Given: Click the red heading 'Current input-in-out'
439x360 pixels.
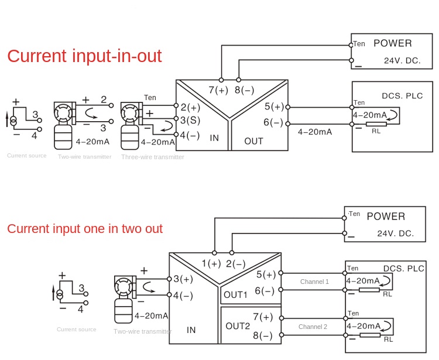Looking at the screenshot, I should coord(84,56).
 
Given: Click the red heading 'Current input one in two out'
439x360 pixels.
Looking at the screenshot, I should coord(85,229).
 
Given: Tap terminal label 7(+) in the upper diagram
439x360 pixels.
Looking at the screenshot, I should coord(218,90).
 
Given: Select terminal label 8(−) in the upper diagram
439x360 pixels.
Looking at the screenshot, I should coord(244,90).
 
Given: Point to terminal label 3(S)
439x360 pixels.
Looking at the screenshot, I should coord(190,121).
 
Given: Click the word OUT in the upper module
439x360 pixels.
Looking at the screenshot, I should coord(253,141).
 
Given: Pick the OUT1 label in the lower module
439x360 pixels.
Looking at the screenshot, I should coord(235,294).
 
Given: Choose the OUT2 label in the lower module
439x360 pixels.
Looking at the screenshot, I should coord(238,325).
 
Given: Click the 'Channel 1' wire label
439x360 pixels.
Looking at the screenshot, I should coord(314,282).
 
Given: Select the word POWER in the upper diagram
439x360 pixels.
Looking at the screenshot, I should coord(392,43).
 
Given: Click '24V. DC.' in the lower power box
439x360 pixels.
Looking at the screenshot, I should coord(395,233).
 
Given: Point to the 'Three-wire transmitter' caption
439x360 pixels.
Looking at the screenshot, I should coord(152,157).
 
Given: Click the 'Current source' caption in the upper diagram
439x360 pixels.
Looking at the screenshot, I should coord(27,156).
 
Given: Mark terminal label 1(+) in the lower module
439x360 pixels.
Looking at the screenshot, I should coord(211,263).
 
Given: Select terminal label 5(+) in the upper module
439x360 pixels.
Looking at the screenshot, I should coord(273,107).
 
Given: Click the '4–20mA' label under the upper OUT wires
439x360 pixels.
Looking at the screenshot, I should coord(314,132).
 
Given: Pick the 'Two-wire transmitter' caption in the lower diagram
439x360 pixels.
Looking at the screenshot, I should coord(142,331).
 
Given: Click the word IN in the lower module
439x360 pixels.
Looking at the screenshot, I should coord(191,330).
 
